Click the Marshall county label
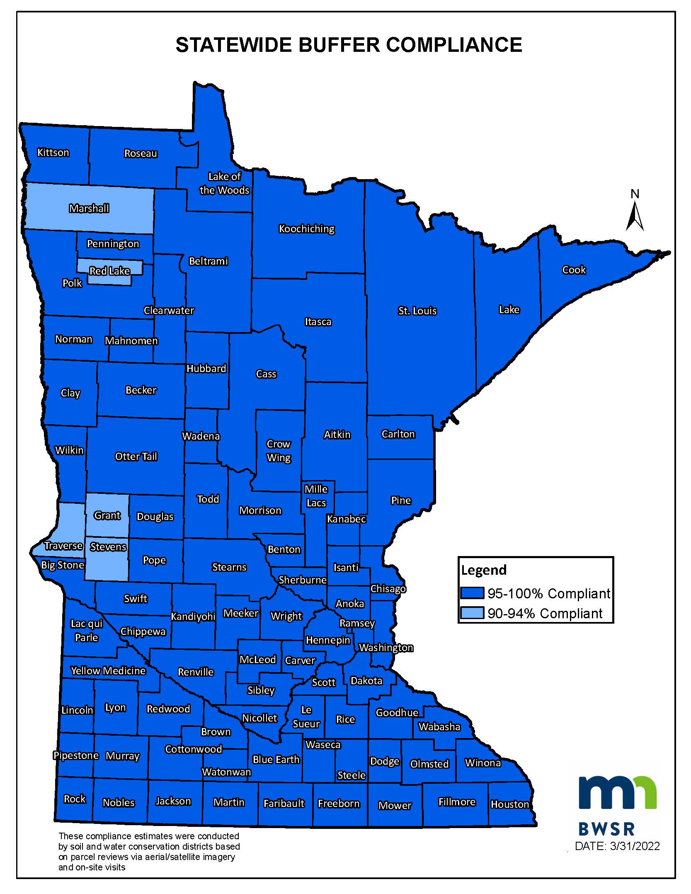coord(89,208)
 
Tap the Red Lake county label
coord(110,271)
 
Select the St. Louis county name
coord(417,311)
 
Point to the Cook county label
coord(574,270)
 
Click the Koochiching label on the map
coord(307,229)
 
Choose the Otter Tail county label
coord(136,457)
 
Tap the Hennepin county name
coord(328,640)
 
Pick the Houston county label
coord(510,804)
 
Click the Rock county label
coord(75,799)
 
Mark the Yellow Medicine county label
coord(108,671)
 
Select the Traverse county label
coord(63,546)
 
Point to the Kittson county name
coord(53,153)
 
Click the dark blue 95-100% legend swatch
coord(472,593)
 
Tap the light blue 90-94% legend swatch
coord(472,613)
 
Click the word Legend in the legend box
coord(484,570)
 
